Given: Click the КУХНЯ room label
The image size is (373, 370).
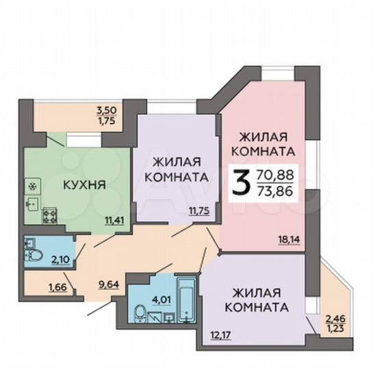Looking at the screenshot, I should pyautogui.click(x=83, y=184).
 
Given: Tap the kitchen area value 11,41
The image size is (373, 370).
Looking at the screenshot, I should pyautogui.click(x=114, y=221).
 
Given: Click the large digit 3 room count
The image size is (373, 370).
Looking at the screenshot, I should pyautogui.click(x=240, y=182).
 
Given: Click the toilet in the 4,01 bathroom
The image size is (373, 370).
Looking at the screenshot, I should pyautogui.click(x=139, y=314).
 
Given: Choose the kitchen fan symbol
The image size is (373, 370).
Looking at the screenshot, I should pyautogui.click(x=31, y=184).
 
